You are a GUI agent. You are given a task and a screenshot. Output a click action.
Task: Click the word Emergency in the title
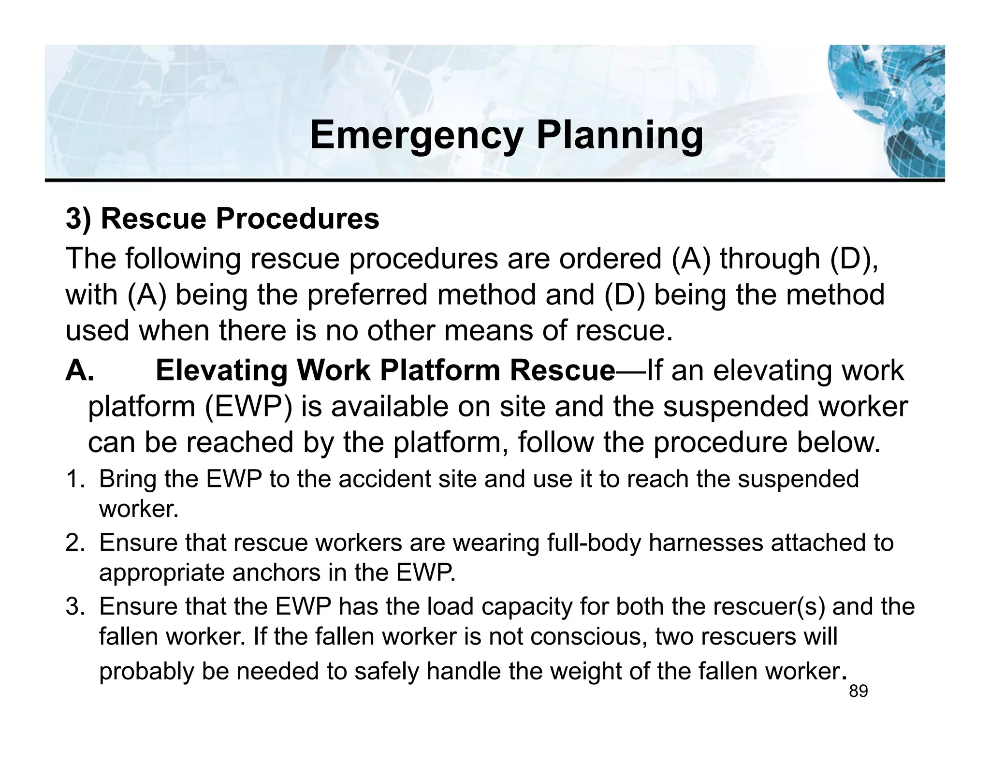(416, 136)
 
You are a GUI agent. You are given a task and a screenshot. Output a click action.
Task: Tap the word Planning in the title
(620, 136)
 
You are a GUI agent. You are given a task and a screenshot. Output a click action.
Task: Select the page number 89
(859, 692)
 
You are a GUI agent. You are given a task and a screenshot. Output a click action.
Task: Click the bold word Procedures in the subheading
(297, 219)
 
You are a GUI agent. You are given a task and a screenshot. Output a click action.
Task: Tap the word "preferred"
(367, 294)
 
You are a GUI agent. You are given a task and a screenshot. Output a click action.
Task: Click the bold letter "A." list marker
(80, 371)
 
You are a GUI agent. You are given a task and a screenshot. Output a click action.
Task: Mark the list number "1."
(77, 479)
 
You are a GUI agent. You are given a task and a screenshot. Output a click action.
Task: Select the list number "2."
(77, 543)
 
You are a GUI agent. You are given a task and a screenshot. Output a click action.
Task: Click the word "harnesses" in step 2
(705, 543)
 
